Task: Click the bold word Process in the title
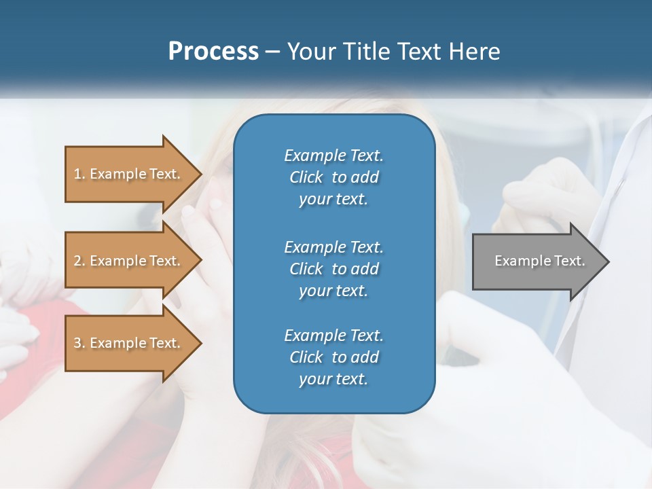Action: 213,52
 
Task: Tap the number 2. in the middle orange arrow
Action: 79,261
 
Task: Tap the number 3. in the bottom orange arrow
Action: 79,343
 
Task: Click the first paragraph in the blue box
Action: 333,177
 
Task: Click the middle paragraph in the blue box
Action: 333,268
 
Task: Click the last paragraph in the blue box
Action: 333,357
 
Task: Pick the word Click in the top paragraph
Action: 306,177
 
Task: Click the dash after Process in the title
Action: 272,52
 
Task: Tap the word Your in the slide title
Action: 311,52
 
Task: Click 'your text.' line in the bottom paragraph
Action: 333,380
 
